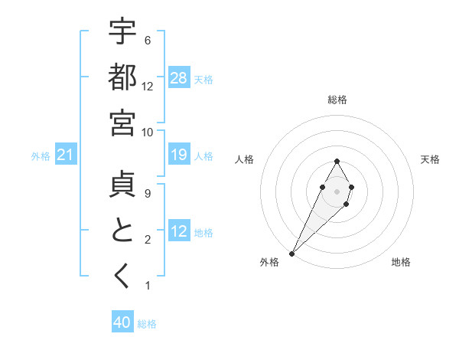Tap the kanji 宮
(122, 123)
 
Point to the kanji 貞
(122, 185)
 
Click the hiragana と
(122, 231)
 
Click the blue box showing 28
(179, 78)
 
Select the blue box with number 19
(179, 155)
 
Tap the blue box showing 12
(179, 231)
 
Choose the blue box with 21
(65, 155)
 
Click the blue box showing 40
(122, 323)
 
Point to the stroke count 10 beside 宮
(147, 132)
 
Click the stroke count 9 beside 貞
(147, 193)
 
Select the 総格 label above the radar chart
(337, 100)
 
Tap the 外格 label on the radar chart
(269, 262)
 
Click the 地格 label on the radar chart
(401, 262)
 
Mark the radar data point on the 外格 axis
(291, 253)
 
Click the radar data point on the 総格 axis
(337, 161)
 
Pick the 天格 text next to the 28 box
(203, 79)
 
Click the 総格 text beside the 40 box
(147, 324)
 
